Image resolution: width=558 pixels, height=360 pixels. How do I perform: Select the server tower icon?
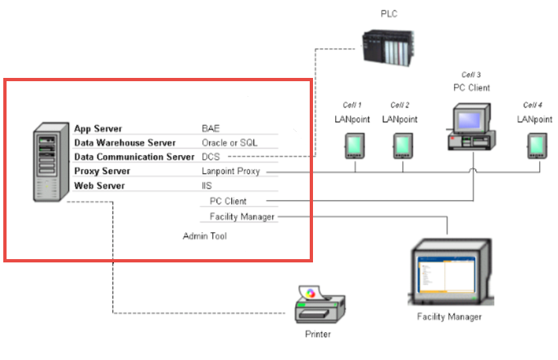coord(52,163)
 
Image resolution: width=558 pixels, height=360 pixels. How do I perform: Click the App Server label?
coord(98,129)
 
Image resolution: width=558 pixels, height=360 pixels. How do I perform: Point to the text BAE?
coord(211,129)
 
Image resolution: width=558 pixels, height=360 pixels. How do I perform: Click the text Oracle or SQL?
coord(229,143)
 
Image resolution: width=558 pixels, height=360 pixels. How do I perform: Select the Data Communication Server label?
coord(134,157)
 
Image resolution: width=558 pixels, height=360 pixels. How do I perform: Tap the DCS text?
coord(211,157)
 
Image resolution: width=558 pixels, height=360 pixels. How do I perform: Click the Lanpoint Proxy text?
coord(234,171)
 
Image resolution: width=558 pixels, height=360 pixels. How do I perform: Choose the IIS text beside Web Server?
coord(206,186)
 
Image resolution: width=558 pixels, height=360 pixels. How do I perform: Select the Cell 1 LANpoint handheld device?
coord(354,145)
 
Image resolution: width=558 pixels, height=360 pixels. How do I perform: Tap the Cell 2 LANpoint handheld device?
coord(401,145)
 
